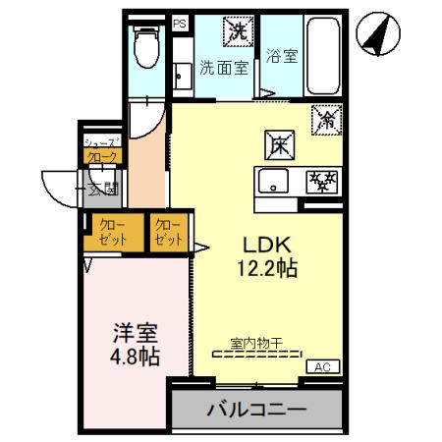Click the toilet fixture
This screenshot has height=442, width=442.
[x=145, y=45]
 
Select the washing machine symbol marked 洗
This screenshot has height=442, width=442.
[x=238, y=31]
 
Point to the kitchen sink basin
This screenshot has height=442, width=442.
[x=273, y=182]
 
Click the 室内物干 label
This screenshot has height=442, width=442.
[x=256, y=343]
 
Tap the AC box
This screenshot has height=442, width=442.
[x=322, y=367]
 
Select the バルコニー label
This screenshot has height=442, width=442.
[x=257, y=409]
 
